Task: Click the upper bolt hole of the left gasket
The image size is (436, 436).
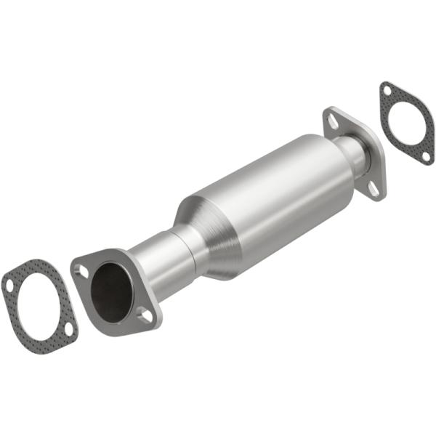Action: (9, 285)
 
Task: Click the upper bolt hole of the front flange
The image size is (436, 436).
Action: (82, 270)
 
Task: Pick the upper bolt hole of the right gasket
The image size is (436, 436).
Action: (387, 91)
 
